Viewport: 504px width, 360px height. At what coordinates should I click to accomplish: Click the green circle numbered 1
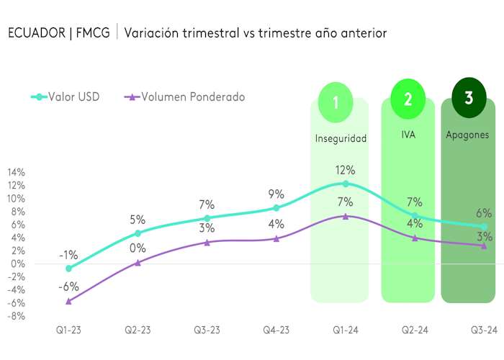click(336, 102)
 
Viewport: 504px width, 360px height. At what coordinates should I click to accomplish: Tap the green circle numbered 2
click(408, 99)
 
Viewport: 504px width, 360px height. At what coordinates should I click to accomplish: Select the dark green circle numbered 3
click(469, 97)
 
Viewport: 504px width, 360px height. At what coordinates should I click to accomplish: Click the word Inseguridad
click(341, 138)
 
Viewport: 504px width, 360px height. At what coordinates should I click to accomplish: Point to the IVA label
click(408, 135)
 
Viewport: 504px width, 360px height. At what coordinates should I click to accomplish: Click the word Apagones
click(467, 135)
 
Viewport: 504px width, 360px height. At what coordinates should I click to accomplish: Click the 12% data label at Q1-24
click(345, 171)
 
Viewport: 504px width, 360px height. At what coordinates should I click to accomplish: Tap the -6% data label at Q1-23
click(68, 286)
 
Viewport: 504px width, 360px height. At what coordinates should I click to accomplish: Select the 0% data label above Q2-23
click(138, 248)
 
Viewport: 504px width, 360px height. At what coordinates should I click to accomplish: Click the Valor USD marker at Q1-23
click(68, 269)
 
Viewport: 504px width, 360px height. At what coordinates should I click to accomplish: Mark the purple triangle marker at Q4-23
click(276, 238)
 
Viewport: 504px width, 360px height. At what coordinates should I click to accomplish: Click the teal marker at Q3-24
click(484, 227)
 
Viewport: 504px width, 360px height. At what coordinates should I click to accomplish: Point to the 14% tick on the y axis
click(16, 173)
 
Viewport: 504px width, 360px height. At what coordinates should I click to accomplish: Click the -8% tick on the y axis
click(16, 316)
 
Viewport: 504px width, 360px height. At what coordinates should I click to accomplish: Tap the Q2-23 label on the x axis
click(138, 330)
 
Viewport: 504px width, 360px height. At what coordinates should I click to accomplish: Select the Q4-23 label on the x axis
click(276, 330)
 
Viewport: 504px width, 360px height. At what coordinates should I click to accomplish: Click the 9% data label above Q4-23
click(276, 194)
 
